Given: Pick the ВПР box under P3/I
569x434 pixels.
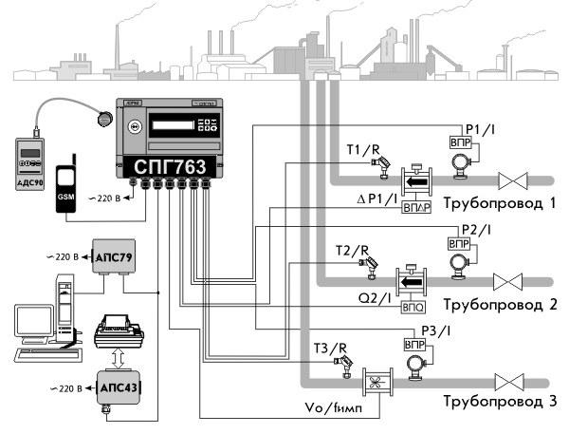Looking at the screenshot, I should [x=416, y=345].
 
